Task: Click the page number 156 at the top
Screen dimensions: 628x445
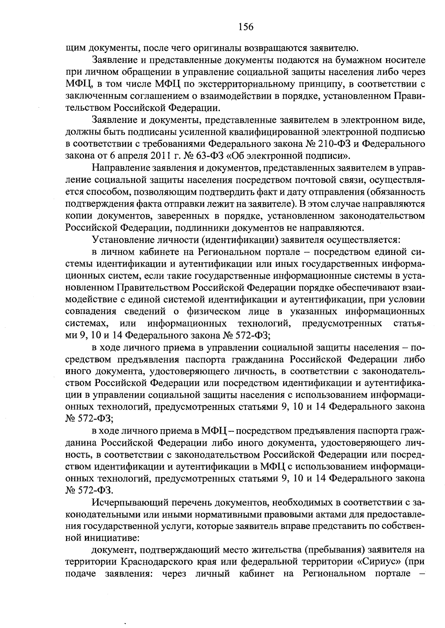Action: [x=246, y=27]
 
